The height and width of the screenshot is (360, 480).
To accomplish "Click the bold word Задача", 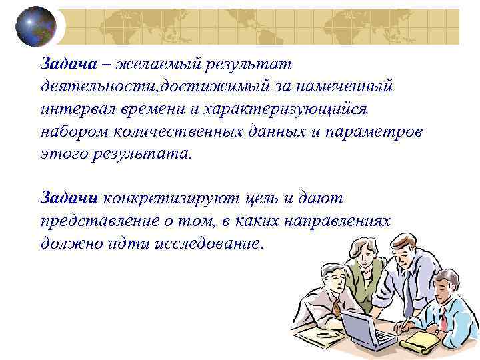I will [x=69, y=65].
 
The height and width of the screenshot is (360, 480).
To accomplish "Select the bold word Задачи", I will [x=69, y=198].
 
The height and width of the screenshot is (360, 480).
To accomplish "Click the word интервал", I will [x=75, y=109].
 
